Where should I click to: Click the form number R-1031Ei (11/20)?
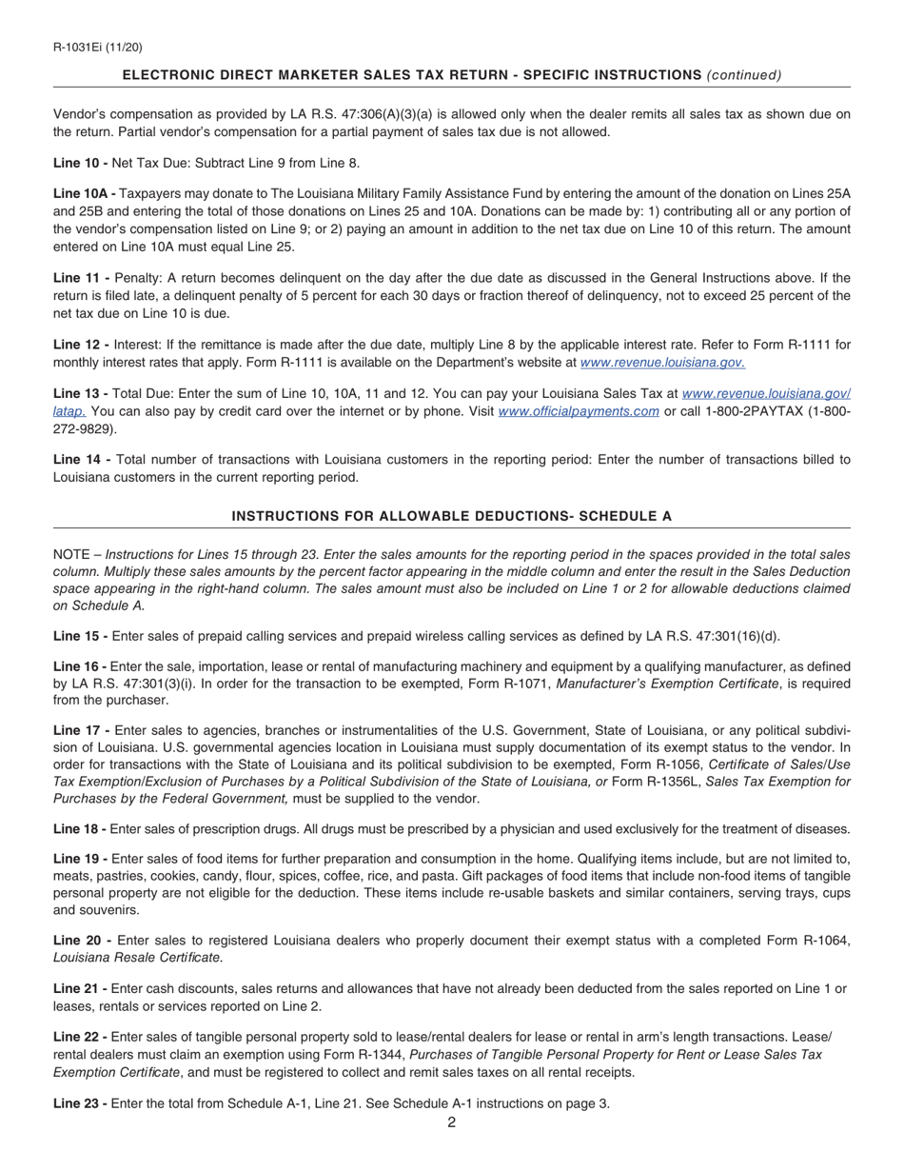pyautogui.click(x=98, y=47)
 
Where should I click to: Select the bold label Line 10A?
pyautogui.click(x=84, y=194)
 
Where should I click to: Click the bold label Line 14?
pyautogui.click(x=81, y=460)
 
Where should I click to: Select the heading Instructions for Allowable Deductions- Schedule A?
pyautogui.click(x=451, y=516)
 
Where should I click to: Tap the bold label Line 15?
pyautogui.click(x=80, y=636)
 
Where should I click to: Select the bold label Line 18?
pyautogui.click(x=80, y=829)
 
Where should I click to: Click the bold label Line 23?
pyautogui.click(x=80, y=1103)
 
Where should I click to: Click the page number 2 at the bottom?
pyautogui.click(x=451, y=1122)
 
